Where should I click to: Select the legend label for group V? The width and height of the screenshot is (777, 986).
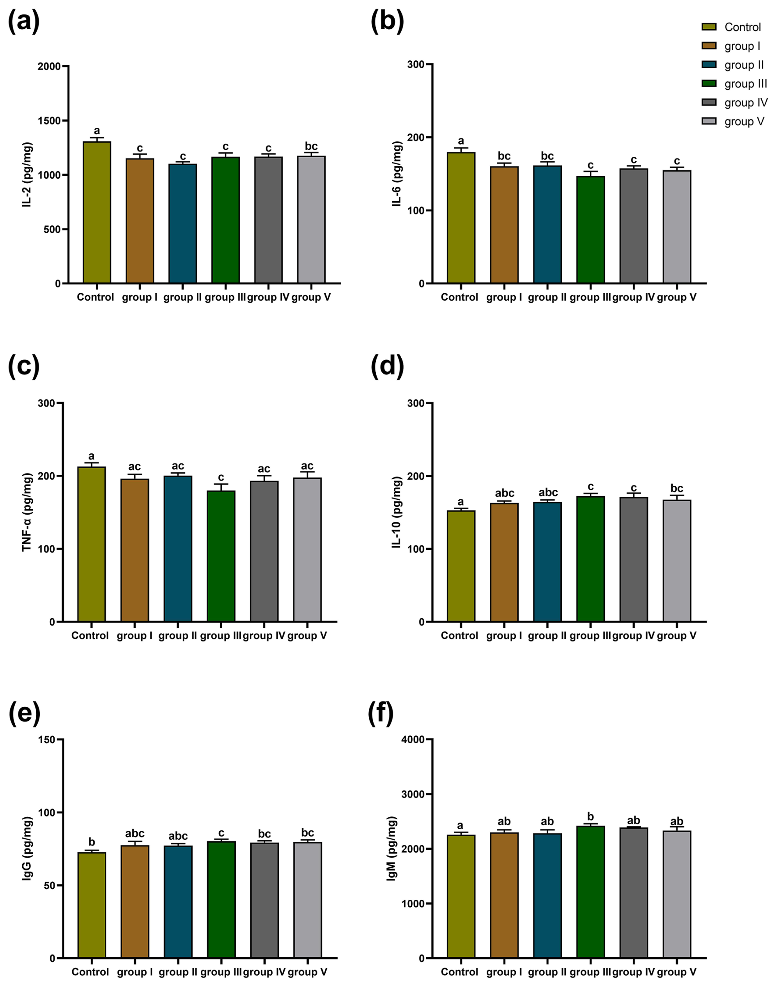tap(744, 122)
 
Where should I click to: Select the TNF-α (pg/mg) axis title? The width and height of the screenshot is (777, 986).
tap(27, 512)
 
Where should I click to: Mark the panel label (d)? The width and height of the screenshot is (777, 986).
tap(388, 365)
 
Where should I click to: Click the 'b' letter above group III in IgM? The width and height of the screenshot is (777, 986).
tap(591, 817)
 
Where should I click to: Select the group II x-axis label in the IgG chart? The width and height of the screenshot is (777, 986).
tap(178, 972)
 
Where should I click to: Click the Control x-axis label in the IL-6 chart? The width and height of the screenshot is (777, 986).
tap(460, 297)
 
